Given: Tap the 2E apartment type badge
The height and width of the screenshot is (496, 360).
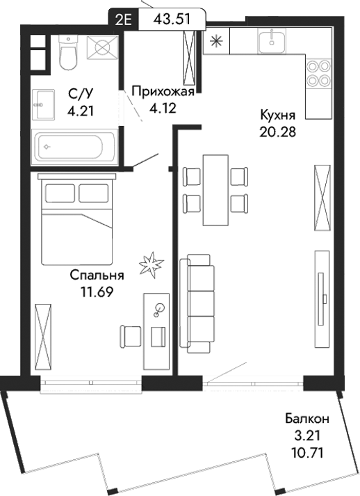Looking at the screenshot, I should [126, 18].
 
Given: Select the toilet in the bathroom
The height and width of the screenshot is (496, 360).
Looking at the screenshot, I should [67, 54].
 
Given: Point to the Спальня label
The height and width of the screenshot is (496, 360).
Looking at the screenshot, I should [97, 275].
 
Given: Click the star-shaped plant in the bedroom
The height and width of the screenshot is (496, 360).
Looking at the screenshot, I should [151, 264].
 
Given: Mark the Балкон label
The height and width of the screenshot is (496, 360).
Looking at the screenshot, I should [306, 419].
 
